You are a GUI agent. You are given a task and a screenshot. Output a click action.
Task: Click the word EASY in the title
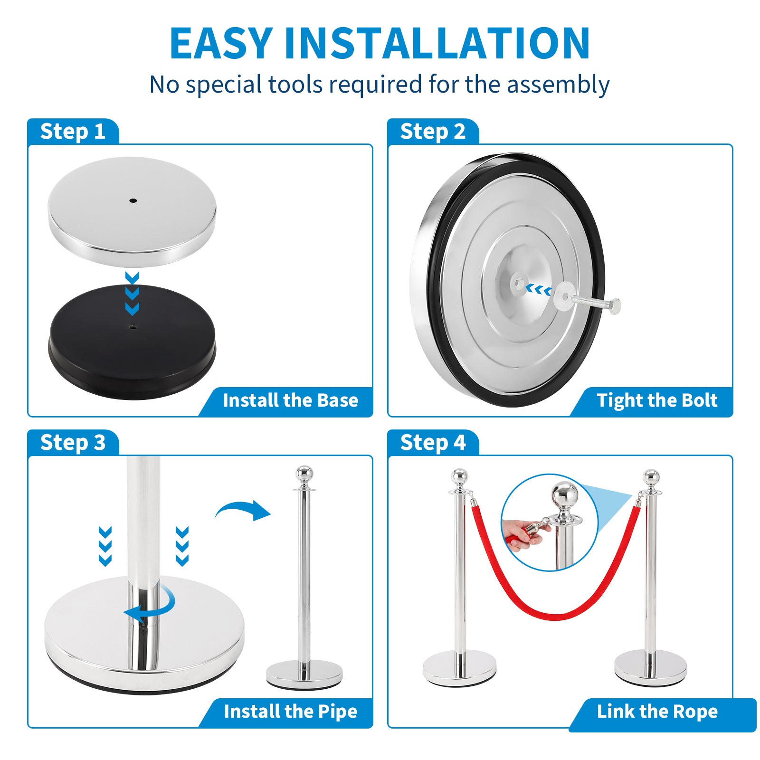221,43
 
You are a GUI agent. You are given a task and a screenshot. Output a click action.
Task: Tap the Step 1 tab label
73,132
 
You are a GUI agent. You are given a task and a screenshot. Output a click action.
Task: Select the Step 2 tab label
433,132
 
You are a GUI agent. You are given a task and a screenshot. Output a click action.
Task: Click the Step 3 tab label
73,443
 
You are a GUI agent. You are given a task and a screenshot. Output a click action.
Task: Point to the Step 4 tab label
433,443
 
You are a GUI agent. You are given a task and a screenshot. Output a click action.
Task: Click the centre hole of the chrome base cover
133,200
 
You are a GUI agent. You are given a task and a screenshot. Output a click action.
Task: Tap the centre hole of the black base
133,327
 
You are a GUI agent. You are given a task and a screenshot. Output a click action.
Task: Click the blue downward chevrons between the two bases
132,293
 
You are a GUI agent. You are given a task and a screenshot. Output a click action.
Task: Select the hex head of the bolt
614,306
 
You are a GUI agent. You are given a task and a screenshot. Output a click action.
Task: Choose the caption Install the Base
290,400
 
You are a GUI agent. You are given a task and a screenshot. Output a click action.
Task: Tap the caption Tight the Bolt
657,400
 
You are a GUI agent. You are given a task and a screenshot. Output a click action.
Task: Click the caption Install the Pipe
290,712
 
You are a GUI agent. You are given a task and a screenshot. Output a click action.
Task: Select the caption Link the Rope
657,712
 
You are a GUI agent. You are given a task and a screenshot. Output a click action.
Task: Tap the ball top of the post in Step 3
304,475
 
